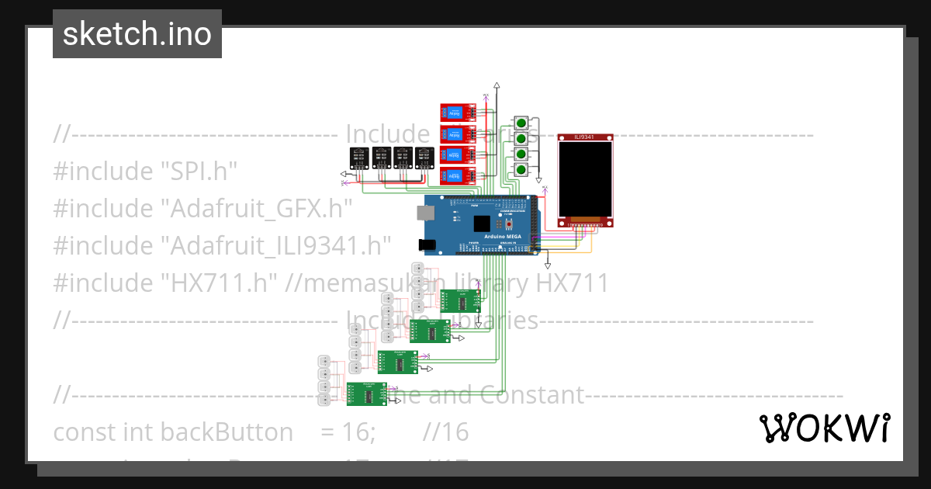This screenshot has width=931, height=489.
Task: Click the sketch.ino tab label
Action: tap(137, 34)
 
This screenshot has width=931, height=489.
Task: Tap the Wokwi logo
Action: tap(824, 428)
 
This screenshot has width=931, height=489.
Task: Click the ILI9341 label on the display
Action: tap(585, 137)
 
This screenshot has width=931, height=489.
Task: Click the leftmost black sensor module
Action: tap(358, 158)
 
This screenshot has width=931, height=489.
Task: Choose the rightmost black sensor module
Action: tap(424, 158)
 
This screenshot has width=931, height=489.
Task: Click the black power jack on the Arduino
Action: tap(426, 245)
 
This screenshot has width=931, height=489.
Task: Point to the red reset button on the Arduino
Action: tap(509, 224)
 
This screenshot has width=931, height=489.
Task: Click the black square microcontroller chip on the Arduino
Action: tap(481, 223)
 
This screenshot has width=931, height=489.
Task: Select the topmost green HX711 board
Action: tap(455, 300)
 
